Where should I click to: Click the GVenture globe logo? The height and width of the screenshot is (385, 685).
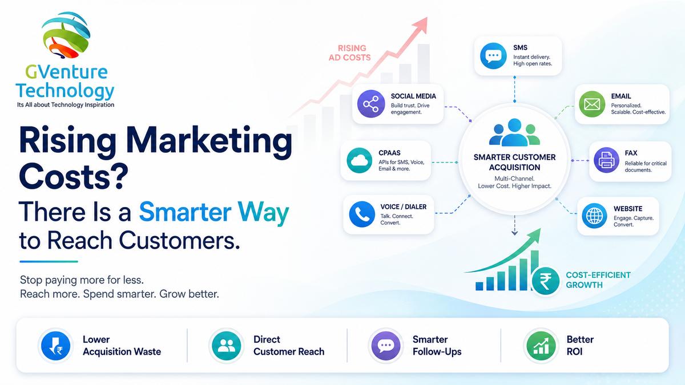66,35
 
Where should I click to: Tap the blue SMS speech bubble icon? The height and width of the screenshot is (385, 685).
493,56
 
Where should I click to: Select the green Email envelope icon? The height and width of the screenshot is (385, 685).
592,104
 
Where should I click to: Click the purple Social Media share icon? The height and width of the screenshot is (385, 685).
371,104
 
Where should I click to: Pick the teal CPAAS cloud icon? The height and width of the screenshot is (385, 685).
359,160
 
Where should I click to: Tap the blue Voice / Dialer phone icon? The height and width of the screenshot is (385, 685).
362,214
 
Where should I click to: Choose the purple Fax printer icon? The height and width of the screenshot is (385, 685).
606,160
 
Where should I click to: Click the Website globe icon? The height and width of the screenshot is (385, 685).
594,216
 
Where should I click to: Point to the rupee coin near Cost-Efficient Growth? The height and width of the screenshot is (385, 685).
546,281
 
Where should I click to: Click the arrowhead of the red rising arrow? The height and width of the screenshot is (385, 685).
421,25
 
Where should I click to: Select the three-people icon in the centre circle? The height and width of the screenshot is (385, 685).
515,132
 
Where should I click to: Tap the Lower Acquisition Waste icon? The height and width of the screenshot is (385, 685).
55,346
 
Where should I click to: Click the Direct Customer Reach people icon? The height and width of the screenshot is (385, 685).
226,346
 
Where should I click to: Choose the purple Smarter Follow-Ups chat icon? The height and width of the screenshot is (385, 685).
386,346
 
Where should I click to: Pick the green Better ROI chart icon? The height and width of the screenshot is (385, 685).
541,346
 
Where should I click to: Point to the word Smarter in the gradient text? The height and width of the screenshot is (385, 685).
185,212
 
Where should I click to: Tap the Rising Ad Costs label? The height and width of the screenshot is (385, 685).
350,52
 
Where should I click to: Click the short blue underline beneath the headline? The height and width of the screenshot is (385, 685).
49,262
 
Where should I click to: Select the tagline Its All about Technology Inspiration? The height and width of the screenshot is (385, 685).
66,105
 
